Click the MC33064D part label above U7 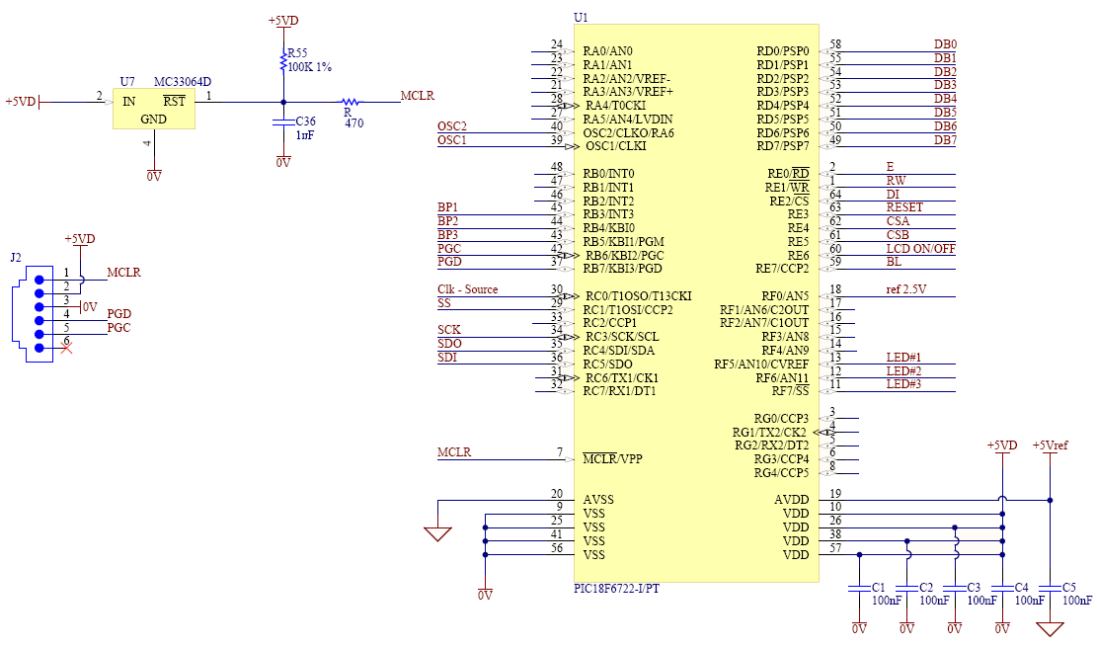coord(183,81)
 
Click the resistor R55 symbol coord(284,60)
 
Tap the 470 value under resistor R coord(353,123)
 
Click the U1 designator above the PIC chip coord(581,18)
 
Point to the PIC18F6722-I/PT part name coord(617,590)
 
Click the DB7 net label coord(945,140)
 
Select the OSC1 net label coord(452,140)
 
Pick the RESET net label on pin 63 coord(904,207)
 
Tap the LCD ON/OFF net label coord(920,248)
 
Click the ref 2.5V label coord(906,289)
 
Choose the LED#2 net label coord(903,370)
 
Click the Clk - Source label coord(468,289)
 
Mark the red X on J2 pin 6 coord(66,347)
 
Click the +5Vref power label coord(1050,445)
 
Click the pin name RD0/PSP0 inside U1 coord(783,51)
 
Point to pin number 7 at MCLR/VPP coord(559,452)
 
